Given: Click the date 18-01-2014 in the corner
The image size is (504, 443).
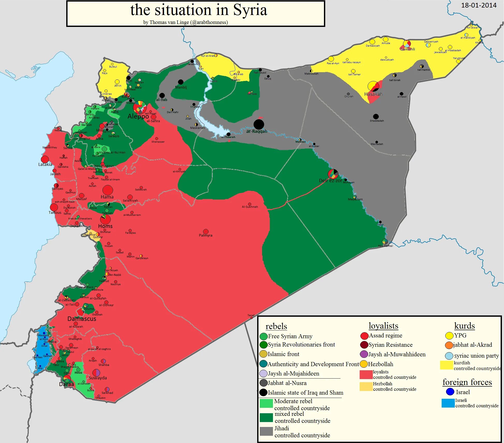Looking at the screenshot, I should tap(479, 5).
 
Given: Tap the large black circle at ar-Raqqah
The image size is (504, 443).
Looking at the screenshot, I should tap(258, 124).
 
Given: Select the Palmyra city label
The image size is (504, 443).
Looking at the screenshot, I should tap(205, 235).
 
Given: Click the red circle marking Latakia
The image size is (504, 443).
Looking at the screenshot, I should tap(45, 159).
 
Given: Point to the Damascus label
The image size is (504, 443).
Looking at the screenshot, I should tap(81, 319).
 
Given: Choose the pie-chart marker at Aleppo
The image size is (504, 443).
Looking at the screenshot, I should tap(140, 107).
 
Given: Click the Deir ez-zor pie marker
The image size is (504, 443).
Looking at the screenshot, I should tap(333, 174).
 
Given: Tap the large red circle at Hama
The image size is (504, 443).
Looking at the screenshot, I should tap(108, 190).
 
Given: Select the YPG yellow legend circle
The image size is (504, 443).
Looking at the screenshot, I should tap(449, 336).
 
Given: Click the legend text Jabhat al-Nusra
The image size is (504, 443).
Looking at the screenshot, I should tap(287, 383).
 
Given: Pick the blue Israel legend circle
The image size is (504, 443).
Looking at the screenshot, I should tap(450, 392).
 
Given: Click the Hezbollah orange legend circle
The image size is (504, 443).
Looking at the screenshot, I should tap(364, 364).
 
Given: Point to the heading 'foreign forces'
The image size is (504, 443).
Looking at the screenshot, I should tap(467, 382).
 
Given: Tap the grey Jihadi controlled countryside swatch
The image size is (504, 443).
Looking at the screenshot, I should tap(266, 431).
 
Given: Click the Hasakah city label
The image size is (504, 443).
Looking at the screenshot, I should tap(373, 94).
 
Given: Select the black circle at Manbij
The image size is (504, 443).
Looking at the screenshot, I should tap(181, 82).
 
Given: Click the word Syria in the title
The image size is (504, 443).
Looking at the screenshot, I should tap(250, 10).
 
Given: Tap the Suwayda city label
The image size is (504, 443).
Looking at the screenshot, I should tap(98, 378).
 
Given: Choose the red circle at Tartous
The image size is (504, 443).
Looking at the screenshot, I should tap(54, 207).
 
